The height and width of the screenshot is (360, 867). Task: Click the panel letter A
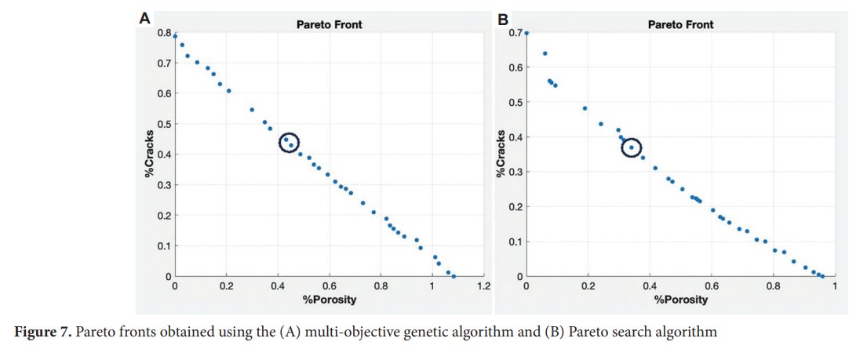click(x=144, y=18)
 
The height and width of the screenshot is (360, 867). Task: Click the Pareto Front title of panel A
click(x=329, y=24)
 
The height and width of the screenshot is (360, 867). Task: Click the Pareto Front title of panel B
click(x=680, y=24)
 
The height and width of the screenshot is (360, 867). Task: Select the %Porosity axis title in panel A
click(x=329, y=300)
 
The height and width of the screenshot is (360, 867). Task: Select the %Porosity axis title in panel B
click(x=680, y=300)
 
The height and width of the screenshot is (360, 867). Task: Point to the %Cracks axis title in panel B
click(x=500, y=154)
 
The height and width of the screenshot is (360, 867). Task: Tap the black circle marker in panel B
click(x=632, y=147)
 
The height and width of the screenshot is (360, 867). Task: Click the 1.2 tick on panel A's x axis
click(x=483, y=287)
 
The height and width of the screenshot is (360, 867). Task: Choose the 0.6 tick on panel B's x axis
click(x=711, y=287)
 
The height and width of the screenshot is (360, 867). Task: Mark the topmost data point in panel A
click(x=175, y=36)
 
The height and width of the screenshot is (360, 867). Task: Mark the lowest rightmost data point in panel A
click(x=454, y=276)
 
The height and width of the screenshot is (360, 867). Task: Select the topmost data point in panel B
click(x=526, y=33)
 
